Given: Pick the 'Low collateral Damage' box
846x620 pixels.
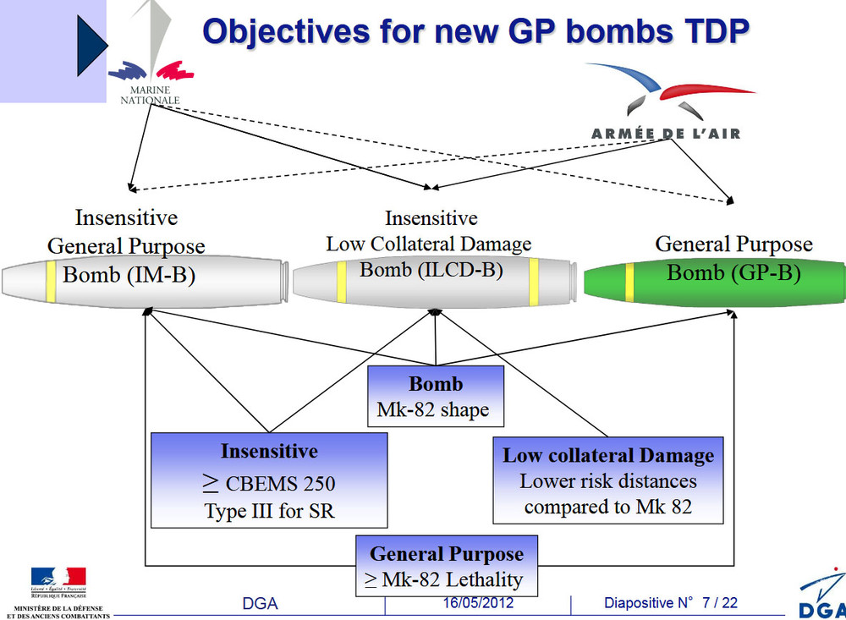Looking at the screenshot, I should pos(608,480).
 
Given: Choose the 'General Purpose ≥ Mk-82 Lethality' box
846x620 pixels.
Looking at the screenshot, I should pos(447,567).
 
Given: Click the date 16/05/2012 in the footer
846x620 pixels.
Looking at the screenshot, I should pos(478,603).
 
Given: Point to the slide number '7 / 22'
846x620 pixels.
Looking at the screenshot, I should pos(719,603).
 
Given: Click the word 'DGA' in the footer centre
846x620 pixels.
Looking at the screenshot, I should pos(260,604).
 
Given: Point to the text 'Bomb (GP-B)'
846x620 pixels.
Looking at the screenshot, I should pos(733,272).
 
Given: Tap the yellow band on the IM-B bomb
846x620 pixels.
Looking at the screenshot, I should pos(52,280).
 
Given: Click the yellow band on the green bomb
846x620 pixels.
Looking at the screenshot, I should pos(630,282).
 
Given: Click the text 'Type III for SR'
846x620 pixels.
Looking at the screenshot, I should pos(269,511).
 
